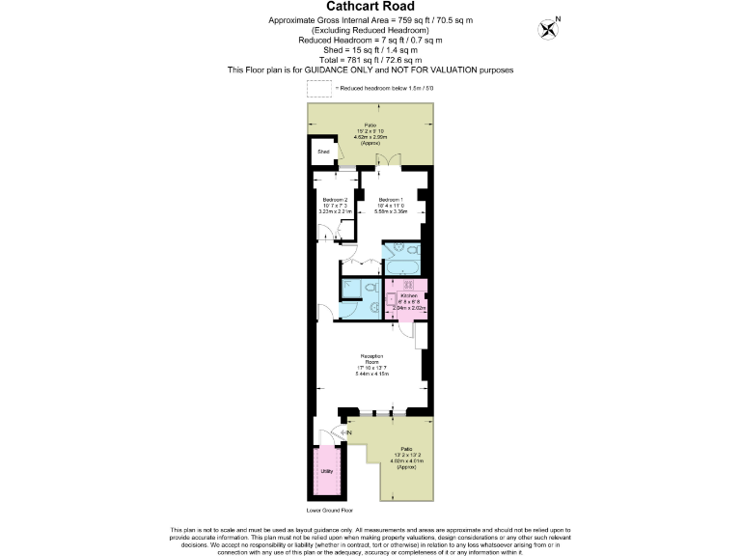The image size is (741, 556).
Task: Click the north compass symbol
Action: [x=551, y=28]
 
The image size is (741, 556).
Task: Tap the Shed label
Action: [x=324, y=153]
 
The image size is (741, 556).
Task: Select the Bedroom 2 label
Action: [x=334, y=200]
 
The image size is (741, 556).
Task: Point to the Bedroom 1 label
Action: [x=392, y=200]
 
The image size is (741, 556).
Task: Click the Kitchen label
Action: [x=408, y=295]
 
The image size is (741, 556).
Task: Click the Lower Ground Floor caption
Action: [x=329, y=510]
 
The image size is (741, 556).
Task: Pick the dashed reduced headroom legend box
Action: [x=318, y=88]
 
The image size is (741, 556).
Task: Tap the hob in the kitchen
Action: [x=408, y=285]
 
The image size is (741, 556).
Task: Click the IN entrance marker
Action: [x=347, y=432]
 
